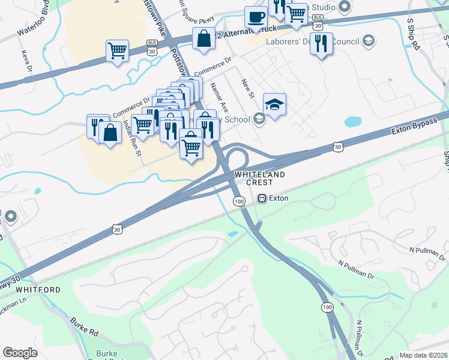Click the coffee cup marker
(256, 17)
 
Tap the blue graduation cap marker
(274, 104)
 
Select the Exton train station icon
(262, 198)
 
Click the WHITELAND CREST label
(259, 178)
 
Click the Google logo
(20, 353)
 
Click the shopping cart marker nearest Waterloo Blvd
(117, 50)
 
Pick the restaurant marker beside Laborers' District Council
(321, 43)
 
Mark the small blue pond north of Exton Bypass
(352, 121)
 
